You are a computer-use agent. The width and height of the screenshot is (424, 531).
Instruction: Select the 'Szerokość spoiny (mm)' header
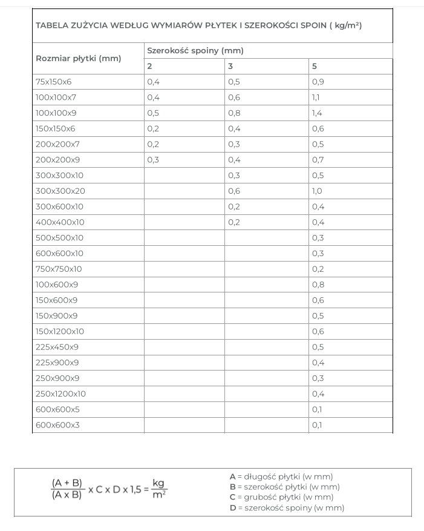[x=195, y=51]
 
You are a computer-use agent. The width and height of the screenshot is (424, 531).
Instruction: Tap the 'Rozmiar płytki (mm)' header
[x=79, y=59]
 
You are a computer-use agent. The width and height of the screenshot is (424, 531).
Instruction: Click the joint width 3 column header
[x=230, y=67]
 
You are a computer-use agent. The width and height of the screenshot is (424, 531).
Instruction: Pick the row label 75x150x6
[x=54, y=82]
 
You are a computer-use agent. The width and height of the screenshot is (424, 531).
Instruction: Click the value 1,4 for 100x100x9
[x=318, y=113]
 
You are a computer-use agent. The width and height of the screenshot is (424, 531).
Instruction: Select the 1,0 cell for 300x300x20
[x=318, y=191]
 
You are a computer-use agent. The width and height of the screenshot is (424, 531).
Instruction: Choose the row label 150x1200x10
[x=60, y=332]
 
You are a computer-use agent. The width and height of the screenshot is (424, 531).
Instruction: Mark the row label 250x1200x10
[x=60, y=394]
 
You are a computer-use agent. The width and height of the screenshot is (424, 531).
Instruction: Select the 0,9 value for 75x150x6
[x=318, y=82]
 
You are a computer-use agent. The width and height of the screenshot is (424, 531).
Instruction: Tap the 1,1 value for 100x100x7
[x=316, y=97]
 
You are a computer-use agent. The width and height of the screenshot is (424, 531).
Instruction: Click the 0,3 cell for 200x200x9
[x=152, y=160]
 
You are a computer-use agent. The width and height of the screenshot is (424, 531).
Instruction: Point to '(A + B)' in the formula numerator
[x=67, y=483]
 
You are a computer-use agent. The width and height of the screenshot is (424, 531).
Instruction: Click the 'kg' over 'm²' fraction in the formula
[x=159, y=488]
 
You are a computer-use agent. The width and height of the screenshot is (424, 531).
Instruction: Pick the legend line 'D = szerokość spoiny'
[x=287, y=508]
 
